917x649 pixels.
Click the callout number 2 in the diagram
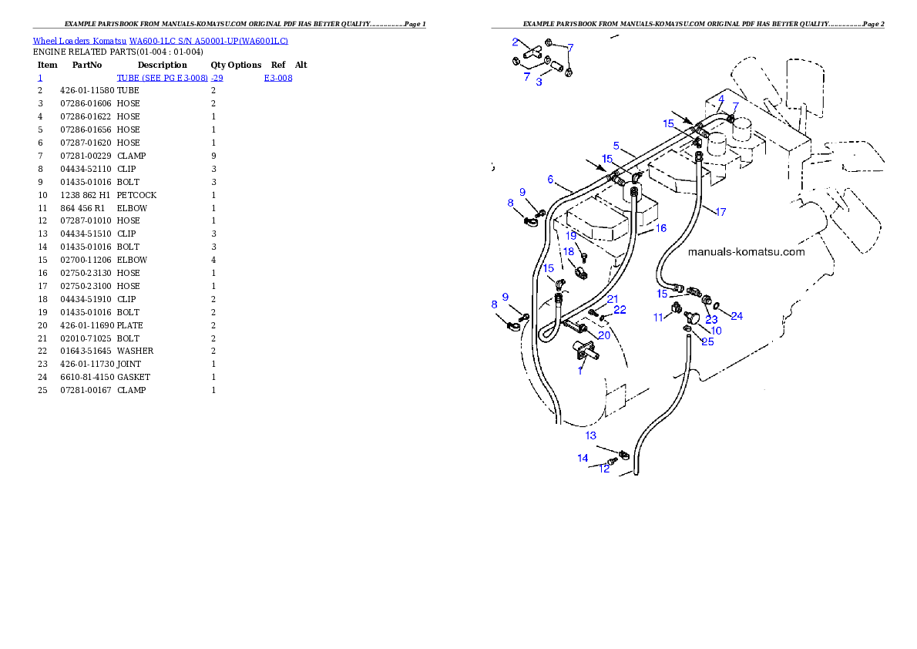point(515,42)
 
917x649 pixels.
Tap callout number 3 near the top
point(539,82)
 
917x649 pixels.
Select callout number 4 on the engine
point(720,99)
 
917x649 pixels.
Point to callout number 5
point(616,145)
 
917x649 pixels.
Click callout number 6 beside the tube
point(550,180)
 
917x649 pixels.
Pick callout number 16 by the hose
point(660,228)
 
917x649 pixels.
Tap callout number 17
point(720,212)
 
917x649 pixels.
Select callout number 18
point(568,251)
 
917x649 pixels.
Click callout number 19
point(571,236)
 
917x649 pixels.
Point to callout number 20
point(604,335)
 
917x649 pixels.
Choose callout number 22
point(620,310)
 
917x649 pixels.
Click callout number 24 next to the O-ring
point(737,316)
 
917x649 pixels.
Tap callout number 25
point(707,341)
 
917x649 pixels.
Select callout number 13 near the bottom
point(590,435)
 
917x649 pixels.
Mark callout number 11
point(658,317)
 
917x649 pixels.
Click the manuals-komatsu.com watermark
point(745,252)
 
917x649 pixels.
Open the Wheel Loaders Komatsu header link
point(160,40)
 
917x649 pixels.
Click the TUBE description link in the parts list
point(170,78)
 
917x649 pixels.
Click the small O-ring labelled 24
point(717,305)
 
